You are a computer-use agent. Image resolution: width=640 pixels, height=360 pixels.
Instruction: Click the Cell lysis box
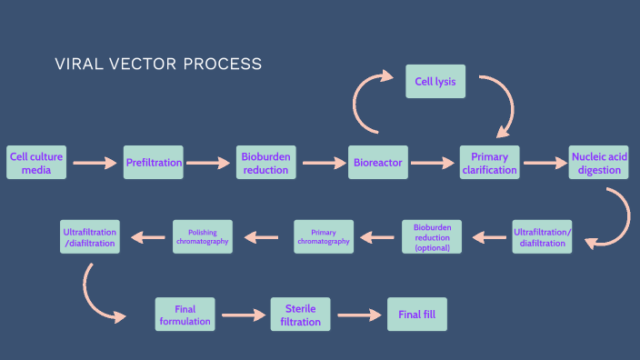pyautogui.click(x=435, y=81)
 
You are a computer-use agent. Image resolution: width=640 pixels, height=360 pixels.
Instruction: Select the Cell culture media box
pyautogui.click(x=36, y=163)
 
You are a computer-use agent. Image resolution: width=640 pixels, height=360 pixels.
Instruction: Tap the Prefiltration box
pyautogui.click(x=154, y=163)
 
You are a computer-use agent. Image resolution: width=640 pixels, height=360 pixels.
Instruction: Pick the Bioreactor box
pyautogui.click(x=377, y=163)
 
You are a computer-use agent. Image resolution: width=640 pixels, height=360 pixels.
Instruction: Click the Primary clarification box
pyautogui.click(x=490, y=163)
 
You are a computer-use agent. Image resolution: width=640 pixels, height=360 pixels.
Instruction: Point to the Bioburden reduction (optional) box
pyautogui.click(x=432, y=236)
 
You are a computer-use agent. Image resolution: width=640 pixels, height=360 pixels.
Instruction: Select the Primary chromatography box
pyautogui.click(x=324, y=236)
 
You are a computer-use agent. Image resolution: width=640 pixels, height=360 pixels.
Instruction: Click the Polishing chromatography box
pyautogui.click(x=202, y=236)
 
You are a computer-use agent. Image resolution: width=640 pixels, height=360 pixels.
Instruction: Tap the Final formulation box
pyautogui.click(x=185, y=315)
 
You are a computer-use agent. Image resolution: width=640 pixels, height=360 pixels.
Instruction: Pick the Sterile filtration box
pyautogui.click(x=300, y=315)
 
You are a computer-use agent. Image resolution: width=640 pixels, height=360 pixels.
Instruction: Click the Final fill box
pyautogui.click(x=417, y=315)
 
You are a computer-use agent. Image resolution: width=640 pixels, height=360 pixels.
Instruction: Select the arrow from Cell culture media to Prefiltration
pyautogui.click(x=95, y=164)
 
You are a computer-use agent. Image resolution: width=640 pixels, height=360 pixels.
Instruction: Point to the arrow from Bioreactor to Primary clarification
pyautogui.click(x=433, y=164)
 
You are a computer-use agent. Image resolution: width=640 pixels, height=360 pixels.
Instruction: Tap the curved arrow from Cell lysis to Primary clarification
pyautogui.click(x=496, y=105)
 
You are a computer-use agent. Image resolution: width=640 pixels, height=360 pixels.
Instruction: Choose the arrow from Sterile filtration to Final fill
pyautogui.click(x=358, y=315)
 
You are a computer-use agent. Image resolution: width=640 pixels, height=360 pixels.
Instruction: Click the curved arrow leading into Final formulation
pyautogui.click(x=98, y=295)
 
